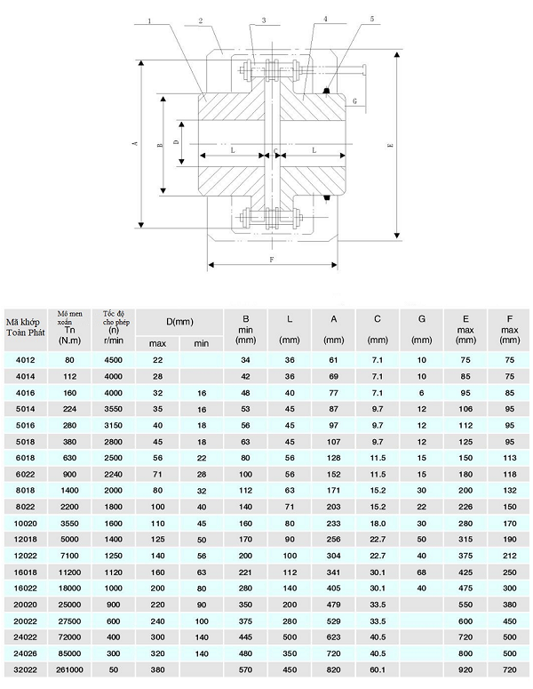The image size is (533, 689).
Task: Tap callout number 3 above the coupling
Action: tap(264, 19)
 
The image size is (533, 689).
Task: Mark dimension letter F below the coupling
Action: tap(271, 259)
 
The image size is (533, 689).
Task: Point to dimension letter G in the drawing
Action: tap(354, 102)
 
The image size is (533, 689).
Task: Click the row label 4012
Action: tap(27, 360)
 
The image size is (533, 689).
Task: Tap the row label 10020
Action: tap(27, 525)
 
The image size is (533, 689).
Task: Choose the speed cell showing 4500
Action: tap(114, 360)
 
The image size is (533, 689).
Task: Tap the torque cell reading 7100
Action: tap(70, 557)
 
